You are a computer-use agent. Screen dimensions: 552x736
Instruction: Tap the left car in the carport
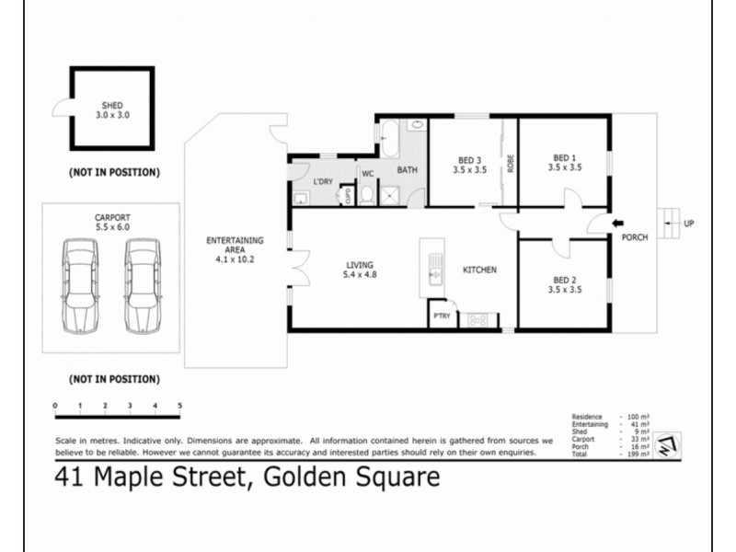[81, 286]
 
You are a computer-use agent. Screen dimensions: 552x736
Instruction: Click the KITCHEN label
[479, 270]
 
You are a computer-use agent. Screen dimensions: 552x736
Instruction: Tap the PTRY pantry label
[442, 316]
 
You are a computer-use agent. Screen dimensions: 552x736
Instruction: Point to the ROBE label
[509, 163]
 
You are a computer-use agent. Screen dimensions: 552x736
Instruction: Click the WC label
[367, 173]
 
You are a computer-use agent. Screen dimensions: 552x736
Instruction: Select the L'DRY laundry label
[322, 181]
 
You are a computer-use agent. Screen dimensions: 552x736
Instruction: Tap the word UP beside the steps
[689, 223]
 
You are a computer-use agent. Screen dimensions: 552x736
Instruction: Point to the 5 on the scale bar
[179, 406]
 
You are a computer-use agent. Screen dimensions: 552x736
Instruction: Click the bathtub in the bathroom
[387, 139]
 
